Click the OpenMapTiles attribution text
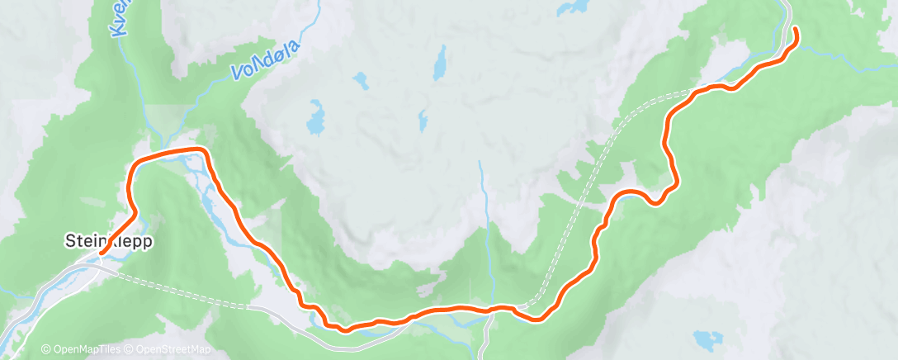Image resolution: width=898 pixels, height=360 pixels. (80, 350)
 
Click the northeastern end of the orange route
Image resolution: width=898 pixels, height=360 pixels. (795, 29)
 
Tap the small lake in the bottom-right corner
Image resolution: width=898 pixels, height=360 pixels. (706, 339)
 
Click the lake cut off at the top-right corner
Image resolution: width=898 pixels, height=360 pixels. (571, 7)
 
